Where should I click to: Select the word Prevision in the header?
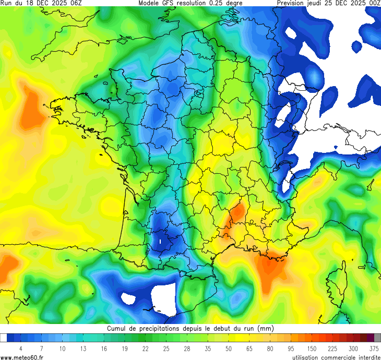click(x=294, y=3)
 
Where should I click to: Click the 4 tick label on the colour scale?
click(x=20, y=348)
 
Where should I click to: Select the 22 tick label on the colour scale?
click(x=145, y=348)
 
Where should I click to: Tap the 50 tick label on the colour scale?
click(x=228, y=348)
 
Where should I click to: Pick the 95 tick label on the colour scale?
click(x=291, y=348)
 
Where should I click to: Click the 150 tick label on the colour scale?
click(x=312, y=348)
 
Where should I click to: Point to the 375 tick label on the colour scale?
click(x=374, y=348)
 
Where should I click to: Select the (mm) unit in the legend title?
click(x=265, y=329)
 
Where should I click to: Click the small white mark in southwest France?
click(x=160, y=242)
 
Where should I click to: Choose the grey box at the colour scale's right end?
click(x=377, y=338)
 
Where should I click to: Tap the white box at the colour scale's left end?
click(x=4, y=338)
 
